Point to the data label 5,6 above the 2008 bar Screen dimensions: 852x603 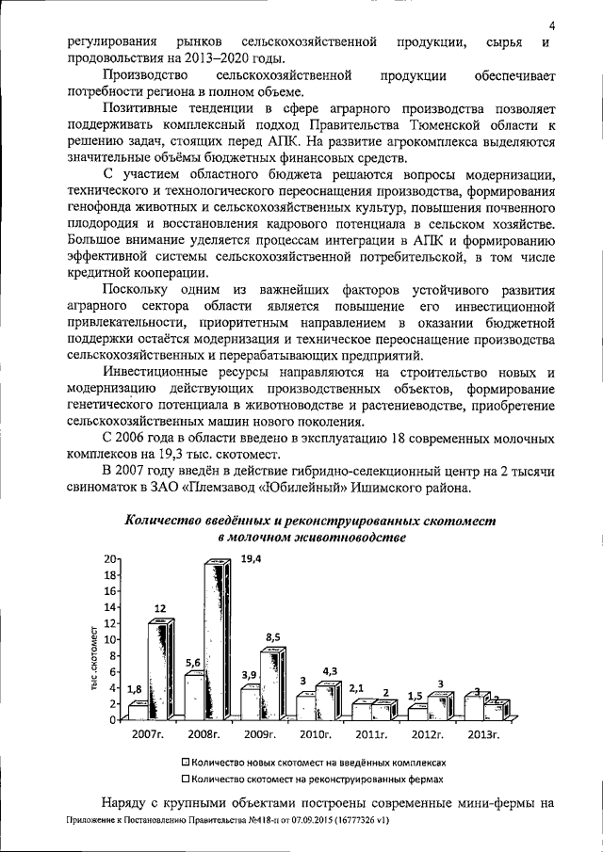pos(192,663)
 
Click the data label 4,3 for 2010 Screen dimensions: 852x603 pos(331,670)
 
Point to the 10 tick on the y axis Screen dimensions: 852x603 pos(112,639)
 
